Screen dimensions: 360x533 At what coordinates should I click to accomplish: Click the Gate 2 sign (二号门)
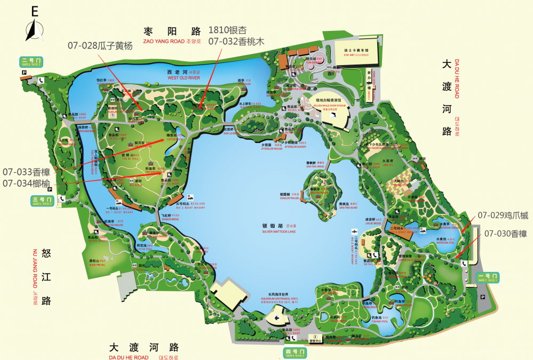[31, 62]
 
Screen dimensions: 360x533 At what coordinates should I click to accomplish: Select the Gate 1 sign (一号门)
[488, 277]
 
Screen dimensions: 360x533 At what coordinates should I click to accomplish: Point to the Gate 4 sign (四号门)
[295, 353]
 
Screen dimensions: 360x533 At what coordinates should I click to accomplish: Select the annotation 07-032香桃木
[236, 41]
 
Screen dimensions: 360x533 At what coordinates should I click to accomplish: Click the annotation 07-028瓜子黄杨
[100, 45]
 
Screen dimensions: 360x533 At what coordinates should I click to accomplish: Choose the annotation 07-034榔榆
[26, 183]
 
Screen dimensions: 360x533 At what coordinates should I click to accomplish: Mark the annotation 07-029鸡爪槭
[503, 215]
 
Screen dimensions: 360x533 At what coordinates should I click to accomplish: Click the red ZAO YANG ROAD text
[164, 41]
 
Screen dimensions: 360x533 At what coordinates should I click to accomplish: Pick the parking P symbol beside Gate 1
[482, 297]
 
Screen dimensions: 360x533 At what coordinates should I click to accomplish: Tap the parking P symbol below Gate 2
[24, 73]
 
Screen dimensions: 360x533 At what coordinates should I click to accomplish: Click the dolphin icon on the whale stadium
[332, 115]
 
